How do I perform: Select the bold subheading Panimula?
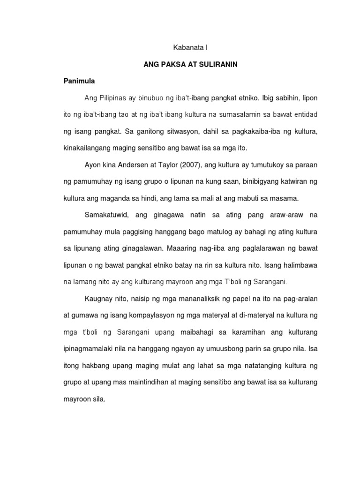[79, 81]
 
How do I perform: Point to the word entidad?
[305, 115]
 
